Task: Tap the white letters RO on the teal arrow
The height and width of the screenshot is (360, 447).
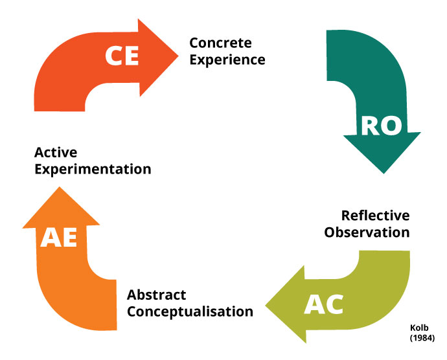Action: tap(381, 126)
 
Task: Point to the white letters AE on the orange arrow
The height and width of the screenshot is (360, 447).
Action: tap(59, 238)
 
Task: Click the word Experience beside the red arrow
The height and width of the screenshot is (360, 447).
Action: tap(227, 60)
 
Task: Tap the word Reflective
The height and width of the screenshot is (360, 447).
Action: tap(375, 216)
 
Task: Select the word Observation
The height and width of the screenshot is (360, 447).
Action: tap(367, 232)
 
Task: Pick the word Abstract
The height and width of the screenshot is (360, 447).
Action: tap(156, 295)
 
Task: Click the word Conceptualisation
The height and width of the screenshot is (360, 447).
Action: tap(190, 311)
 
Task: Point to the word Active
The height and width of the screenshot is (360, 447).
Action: tap(56, 153)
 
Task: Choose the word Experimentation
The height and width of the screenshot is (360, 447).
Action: tap(93, 170)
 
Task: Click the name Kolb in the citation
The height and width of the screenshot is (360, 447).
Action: tap(419, 328)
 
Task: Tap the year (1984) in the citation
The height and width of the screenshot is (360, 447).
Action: tap(421, 339)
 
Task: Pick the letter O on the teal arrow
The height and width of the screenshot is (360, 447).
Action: tap(391, 126)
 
